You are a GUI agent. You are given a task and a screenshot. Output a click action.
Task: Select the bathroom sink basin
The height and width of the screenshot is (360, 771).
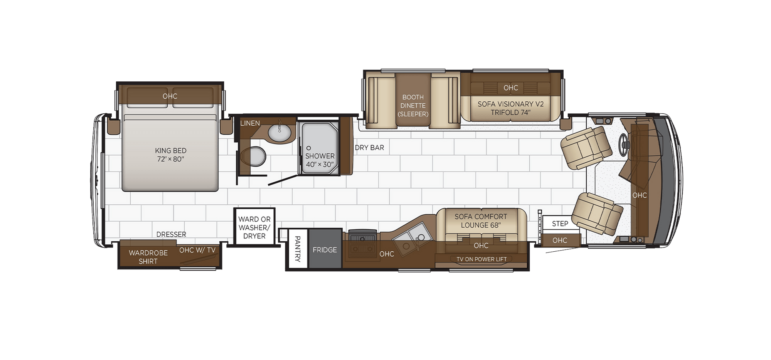(280, 133)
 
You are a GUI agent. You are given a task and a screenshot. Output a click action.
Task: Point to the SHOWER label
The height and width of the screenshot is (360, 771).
(320, 156)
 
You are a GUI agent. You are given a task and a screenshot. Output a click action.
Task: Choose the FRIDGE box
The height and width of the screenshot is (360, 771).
(325, 249)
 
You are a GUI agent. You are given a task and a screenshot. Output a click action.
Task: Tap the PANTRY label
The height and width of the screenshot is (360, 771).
(298, 249)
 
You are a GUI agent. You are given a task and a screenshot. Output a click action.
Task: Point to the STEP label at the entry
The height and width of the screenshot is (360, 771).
(560, 224)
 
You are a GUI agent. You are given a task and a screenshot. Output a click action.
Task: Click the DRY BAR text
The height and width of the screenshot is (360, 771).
(369, 148)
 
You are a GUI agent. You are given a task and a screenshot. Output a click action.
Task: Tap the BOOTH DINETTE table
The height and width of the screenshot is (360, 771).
(413, 99)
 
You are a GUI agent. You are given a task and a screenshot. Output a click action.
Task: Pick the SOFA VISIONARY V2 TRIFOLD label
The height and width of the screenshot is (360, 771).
(511, 108)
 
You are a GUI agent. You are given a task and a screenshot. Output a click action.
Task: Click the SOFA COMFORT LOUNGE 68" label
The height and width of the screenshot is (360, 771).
(481, 221)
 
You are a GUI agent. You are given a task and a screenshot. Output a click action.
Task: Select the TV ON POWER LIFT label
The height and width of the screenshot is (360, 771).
(481, 259)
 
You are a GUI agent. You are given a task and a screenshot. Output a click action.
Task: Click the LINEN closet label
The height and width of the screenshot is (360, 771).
(250, 123)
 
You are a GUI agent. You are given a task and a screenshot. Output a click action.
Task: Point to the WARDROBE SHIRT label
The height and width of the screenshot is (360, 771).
(148, 257)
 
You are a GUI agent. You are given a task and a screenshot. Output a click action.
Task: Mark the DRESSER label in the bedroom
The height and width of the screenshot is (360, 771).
(171, 234)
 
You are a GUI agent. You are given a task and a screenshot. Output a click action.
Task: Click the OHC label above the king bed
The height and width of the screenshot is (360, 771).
(170, 96)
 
